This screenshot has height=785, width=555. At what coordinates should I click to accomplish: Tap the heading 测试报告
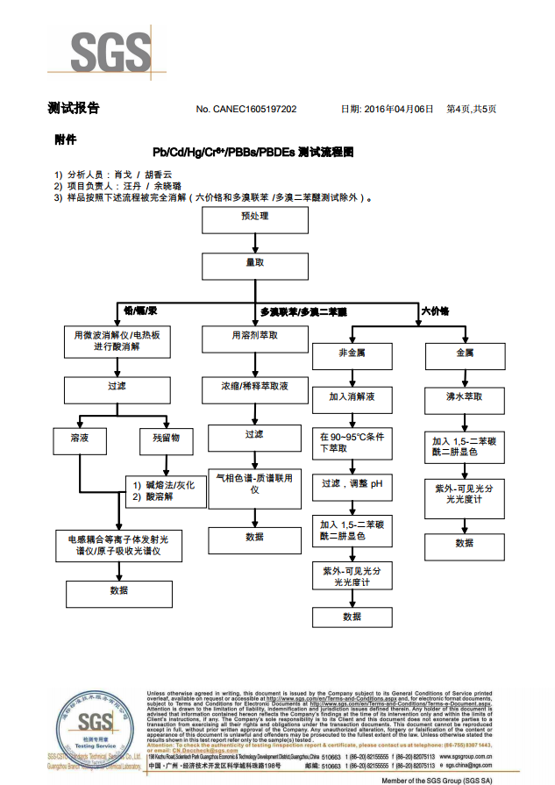tap(74, 109)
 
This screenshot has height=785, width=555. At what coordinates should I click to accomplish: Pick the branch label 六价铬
tap(436, 311)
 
